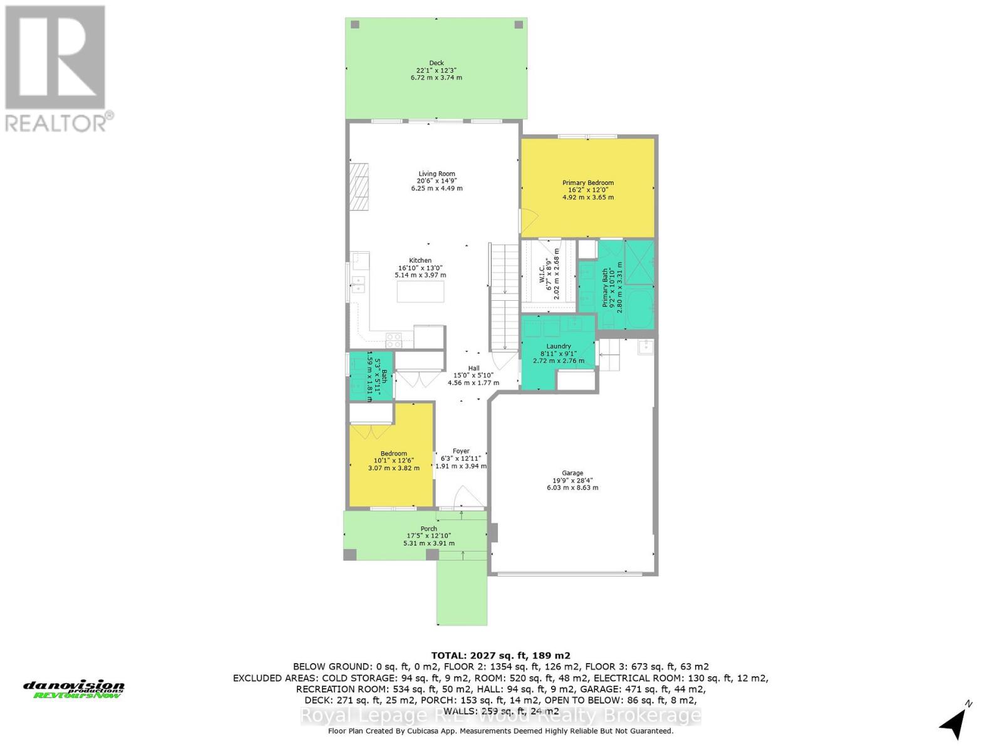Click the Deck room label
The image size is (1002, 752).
click(x=436, y=63)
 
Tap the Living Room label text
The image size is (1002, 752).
click(x=436, y=174)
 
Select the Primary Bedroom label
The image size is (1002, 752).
click(x=587, y=183)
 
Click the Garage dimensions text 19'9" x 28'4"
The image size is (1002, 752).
click(x=572, y=481)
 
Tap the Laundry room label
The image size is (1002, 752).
click(x=558, y=346)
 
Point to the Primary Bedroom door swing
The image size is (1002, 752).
click(x=528, y=219)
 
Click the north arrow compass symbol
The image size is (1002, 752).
click(x=954, y=723)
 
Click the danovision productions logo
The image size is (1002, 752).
click(x=74, y=689)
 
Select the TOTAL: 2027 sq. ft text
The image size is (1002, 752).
click(x=500, y=655)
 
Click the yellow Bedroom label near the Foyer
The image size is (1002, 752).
click(x=393, y=454)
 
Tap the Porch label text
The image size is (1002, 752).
click(x=428, y=528)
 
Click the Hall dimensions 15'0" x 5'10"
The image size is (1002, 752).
click(x=473, y=375)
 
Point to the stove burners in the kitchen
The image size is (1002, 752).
click(x=394, y=340)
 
